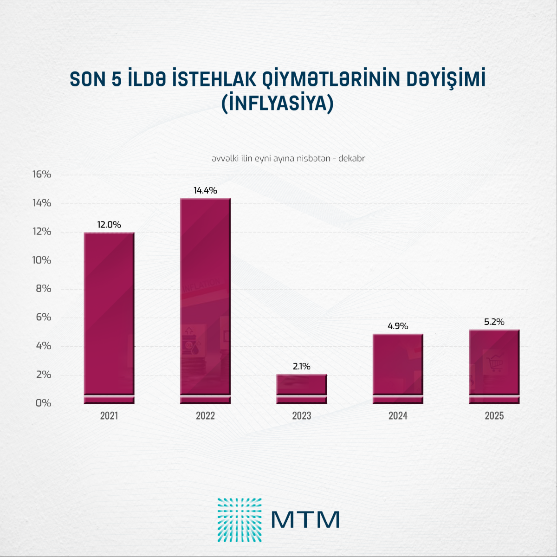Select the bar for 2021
click(x=109, y=316)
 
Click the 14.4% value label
click(x=205, y=190)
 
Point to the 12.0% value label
click(x=109, y=225)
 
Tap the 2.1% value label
click(x=302, y=366)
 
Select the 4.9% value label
click(x=398, y=326)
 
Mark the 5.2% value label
click(x=494, y=322)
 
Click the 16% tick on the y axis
click(x=41, y=175)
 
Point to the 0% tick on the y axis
click(x=43, y=403)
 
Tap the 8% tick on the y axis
click(x=43, y=289)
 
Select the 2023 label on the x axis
click(x=302, y=416)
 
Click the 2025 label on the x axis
click(x=494, y=416)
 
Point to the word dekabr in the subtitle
click(x=352, y=158)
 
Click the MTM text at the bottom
click(x=305, y=520)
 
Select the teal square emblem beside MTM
click(x=240, y=520)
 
